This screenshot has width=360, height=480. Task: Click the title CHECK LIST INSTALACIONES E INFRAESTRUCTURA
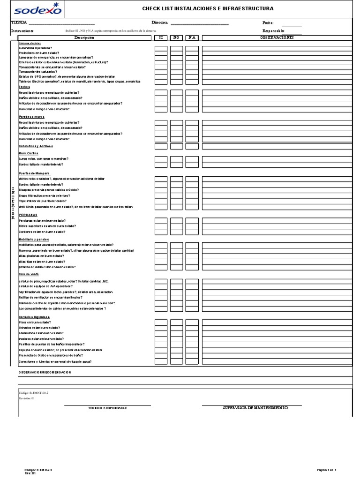(208, 9)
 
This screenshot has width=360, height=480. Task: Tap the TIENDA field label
(19, 22)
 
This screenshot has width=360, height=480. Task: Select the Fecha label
(268, 22)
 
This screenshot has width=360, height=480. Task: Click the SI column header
(161, 37)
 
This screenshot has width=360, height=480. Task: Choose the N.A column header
(192, 37)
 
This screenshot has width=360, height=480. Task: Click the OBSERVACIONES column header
(277, 37)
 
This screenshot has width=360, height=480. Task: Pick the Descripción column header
(84, 37)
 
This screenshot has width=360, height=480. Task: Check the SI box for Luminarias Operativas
(161, 48)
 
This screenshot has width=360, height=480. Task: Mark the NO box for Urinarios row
(176, 328)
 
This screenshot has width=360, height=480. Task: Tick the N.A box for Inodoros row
(192, 338)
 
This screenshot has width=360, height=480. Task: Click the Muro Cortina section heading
(28, 153)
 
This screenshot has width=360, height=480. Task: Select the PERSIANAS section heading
(28, 215)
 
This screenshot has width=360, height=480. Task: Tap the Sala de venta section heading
(29, 274)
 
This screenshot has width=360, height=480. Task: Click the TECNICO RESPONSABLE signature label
(108, 408)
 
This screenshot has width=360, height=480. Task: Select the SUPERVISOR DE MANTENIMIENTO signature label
(255, 408)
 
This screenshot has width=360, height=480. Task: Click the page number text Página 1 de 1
(327, 469)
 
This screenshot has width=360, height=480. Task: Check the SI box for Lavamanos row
(161, 333)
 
